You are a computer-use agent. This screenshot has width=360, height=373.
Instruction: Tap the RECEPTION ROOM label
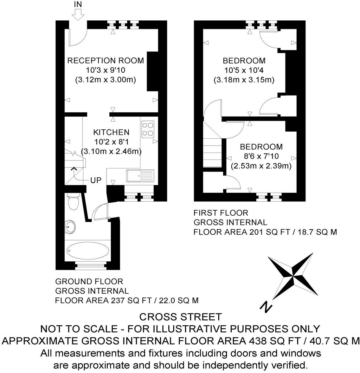[106, 60]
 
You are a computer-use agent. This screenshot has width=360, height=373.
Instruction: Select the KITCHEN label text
[111, 132]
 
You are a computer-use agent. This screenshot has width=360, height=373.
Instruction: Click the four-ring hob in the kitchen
[147, 129]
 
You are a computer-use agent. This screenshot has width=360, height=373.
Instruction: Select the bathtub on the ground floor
[87, 251]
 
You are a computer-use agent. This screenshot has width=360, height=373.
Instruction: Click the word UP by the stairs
[96, 180]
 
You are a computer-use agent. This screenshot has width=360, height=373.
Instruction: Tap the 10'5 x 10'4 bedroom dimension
[244, 70]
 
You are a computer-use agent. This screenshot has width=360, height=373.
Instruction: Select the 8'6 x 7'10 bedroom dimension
[261, 156]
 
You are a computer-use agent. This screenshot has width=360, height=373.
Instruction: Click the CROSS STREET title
[180, 317]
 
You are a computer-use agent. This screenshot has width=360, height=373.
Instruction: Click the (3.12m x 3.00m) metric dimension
[106, 79]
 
